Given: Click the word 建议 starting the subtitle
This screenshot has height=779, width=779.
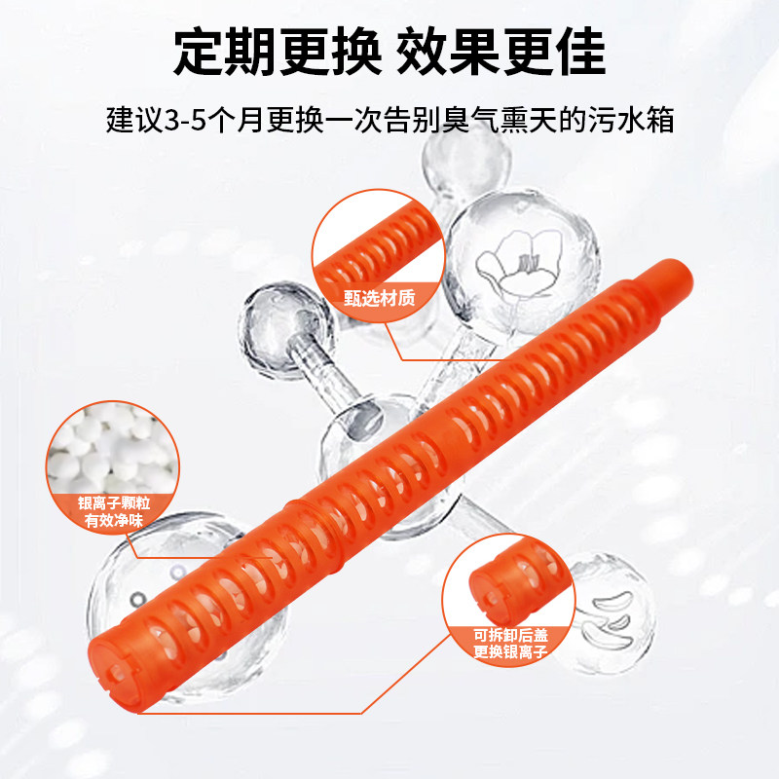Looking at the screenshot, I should tap(127, 123).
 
